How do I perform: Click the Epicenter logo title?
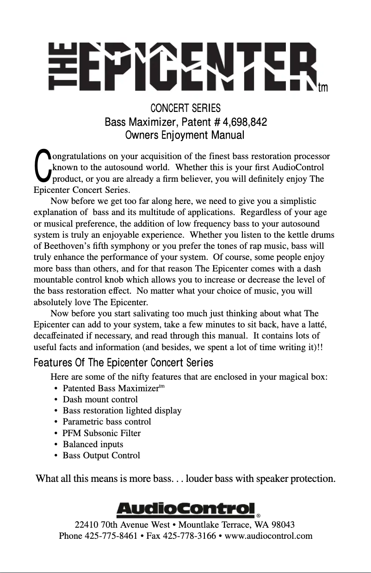point(183,67)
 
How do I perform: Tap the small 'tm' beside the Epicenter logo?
point(323,88)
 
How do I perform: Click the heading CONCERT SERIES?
point(185,109)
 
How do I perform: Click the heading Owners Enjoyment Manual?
point(185,136)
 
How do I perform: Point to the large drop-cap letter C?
point(43,165)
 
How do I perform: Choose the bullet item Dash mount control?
point(100,399)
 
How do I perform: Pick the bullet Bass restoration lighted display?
point(122,411)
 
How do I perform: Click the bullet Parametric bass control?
point(106,422)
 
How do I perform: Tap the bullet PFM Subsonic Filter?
point(101,433)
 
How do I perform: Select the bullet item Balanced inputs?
point(93,444)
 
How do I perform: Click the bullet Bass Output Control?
point(101,456)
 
